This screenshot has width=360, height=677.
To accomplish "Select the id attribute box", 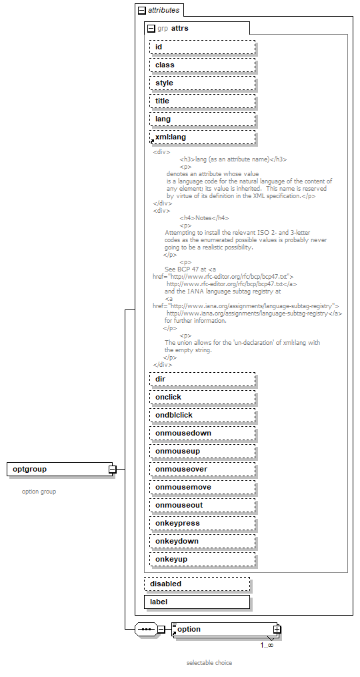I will tap(202, 47).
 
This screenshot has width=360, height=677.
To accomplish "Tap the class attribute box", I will tap(202, 65).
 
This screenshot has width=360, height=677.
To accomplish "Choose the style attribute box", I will tap(202, 83).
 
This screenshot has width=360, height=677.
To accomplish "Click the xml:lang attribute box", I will tap(202, 137).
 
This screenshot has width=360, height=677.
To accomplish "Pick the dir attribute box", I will tap(202, 379).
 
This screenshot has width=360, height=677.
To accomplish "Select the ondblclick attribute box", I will tap(202, 415).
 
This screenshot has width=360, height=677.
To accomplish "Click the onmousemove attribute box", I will tap(202, 487).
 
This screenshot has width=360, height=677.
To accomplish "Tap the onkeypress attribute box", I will tap(202, 523).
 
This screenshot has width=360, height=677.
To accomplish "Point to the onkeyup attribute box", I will tap(202, 559).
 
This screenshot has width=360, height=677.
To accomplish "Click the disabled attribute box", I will tap(197, 584).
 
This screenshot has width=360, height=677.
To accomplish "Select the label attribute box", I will tap(197, 602).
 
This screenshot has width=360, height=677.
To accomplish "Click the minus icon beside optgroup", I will tap(112, 470).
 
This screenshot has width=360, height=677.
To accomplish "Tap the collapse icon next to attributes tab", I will tap(141, 11).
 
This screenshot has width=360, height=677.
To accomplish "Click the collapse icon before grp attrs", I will tap(151, 29).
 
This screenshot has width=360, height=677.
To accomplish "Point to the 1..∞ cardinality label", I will tap(267, 645).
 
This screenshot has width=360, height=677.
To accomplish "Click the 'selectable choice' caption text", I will tap(209, 663).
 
